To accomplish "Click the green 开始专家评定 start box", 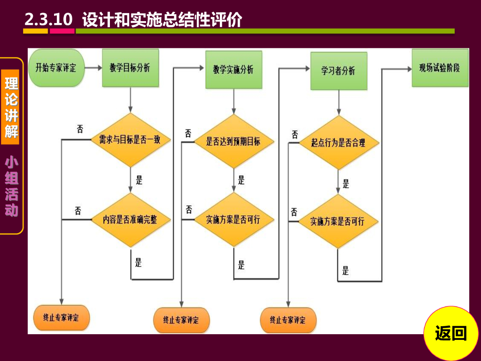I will coord(56,68).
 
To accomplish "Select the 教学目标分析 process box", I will coord(130,68).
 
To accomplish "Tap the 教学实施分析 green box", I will coord(233,70).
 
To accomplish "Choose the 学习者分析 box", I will coord(338,71).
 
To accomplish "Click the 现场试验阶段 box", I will coord(440,68).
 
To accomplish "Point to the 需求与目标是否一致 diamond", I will coord(130,140).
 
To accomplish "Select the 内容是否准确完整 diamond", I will coord(130,220).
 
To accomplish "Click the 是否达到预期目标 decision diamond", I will coord(233,141).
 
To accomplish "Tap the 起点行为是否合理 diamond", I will coord(338,142).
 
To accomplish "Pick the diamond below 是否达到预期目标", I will coord(233,220).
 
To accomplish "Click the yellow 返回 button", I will coord(451,333).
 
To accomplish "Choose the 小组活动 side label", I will coord(12,187).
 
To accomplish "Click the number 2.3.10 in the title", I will coord(48,20).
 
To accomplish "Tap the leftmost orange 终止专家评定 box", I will coord(61,317).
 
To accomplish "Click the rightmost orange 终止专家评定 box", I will coord(288,320).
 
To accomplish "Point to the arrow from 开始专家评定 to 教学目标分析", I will coord(93,68).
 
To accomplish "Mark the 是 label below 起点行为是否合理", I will coord(346,184).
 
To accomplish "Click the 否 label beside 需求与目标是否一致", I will coord(80,129).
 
